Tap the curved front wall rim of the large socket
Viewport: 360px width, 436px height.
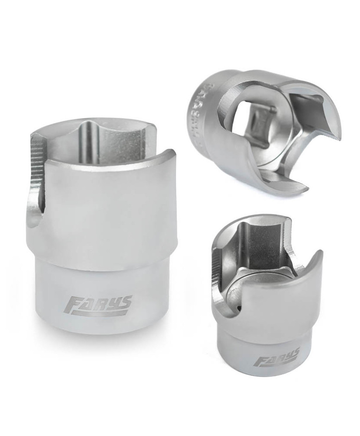pyautogui.click(x=109, y=159)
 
